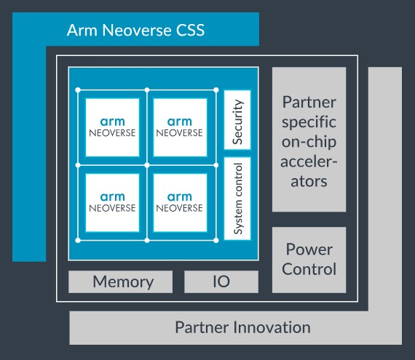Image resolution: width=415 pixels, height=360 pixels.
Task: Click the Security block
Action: coord(237,119)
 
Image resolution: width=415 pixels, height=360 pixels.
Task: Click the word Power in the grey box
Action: coord(309,249)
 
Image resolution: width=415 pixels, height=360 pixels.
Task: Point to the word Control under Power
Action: coord(309,269)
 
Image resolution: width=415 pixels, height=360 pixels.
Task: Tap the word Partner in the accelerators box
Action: coord(309,98)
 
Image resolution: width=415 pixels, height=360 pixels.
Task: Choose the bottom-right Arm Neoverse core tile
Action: coord(180,202)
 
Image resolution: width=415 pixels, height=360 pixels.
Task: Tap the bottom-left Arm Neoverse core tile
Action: coord(112,202)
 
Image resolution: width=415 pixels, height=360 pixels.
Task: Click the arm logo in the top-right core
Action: coord(180,121)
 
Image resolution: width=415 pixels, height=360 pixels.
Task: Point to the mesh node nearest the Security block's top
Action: coord(216,90)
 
